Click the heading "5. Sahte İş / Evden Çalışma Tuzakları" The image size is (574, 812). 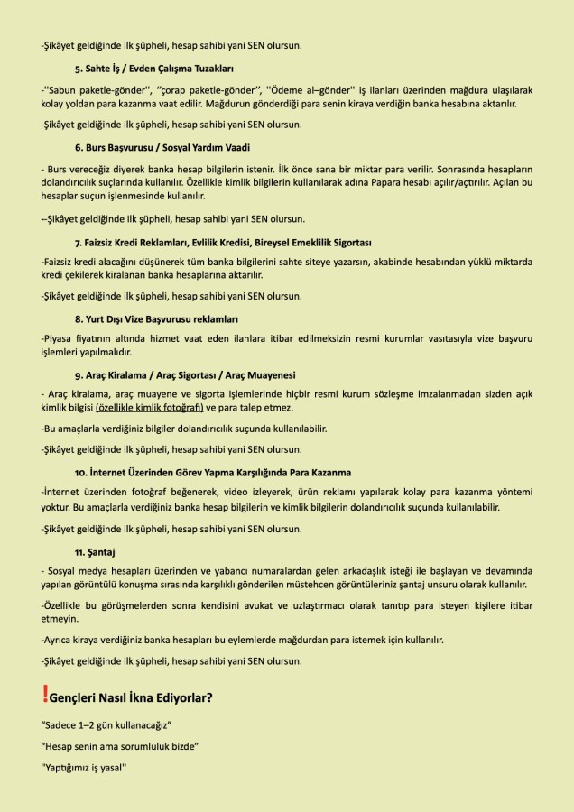[x=154, y=68]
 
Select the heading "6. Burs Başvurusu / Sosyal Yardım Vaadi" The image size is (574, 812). [x=162, y=146]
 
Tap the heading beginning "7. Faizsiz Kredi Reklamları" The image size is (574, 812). [x=223, y=243]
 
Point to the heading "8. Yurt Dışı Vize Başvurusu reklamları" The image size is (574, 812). [x=156, y=318]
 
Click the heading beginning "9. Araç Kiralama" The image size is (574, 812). [x=185, y=374]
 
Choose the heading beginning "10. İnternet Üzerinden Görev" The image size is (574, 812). [x=213, y=472]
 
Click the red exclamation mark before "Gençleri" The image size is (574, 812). [x=45, y=695]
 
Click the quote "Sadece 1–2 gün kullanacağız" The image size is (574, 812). [x=106, y=725]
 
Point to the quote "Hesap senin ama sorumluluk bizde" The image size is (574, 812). [x=119, y=746]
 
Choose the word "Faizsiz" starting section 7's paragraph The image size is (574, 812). [x=60, y=262]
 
